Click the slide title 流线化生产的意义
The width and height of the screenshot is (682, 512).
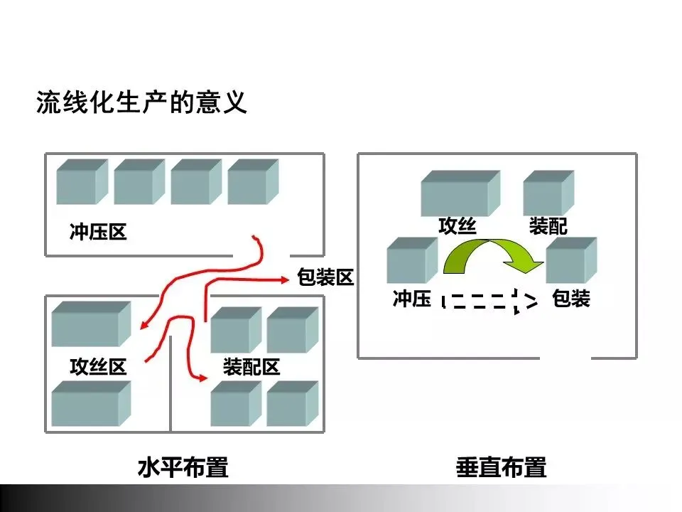(141, 104)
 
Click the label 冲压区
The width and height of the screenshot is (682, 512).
(98, 233)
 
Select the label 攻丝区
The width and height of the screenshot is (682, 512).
(98, 367)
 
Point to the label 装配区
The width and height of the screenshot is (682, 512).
(251, 367)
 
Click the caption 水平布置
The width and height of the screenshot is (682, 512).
(183, 469)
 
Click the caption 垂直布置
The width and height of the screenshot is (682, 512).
(501, 469)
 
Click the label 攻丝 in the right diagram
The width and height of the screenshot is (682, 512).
(457, 227)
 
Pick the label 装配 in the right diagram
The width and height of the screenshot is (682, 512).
(548, 227)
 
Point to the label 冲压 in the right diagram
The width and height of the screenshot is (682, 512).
(412, 299)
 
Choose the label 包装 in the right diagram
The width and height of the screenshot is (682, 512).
(570, 299)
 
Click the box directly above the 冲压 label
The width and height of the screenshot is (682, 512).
(411, 261)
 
